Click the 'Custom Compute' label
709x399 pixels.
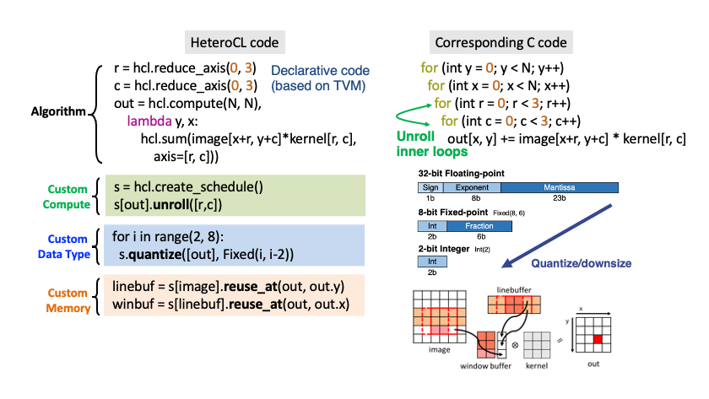tap(67, 197)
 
